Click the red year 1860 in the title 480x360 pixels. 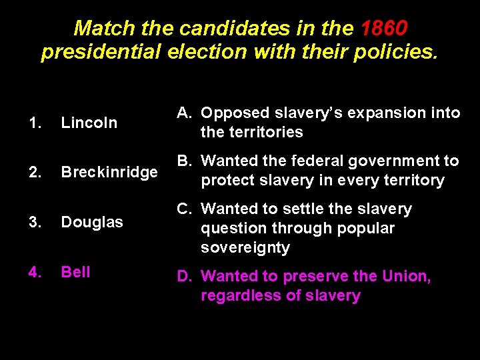[384, 28]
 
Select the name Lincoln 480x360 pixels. [89, 123]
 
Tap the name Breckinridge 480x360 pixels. [109, 172]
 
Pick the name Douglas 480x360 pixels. [92, 222]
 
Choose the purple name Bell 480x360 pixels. [75, 272]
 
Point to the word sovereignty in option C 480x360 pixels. [245, 247]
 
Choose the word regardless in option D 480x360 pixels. [237, 295]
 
